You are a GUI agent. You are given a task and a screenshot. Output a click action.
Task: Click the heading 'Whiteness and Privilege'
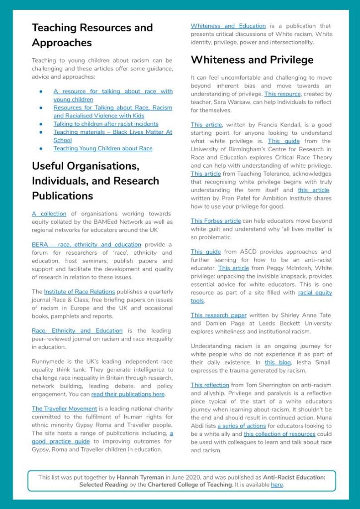coord(252,60)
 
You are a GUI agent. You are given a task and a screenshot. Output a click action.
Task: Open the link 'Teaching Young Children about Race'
coord(103,148)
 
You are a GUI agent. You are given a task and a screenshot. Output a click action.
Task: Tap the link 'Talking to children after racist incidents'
coord(106,124)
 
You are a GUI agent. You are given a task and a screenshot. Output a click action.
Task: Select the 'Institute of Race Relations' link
coord(79,292)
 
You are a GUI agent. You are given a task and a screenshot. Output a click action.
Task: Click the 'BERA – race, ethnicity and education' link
coord(86,244)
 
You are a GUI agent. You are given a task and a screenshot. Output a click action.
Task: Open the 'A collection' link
coord(49,213)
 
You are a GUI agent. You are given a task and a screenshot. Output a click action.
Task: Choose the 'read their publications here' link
coord(128,394)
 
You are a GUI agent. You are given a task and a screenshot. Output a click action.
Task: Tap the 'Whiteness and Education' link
coord(228,26)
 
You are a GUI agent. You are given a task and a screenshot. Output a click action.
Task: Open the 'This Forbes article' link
coord(216,220)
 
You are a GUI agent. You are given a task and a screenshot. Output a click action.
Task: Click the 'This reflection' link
coord(210,385)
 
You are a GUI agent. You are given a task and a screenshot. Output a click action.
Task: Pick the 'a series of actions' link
coord(238,426)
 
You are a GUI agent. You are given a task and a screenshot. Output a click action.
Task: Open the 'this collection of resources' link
coord(279,434)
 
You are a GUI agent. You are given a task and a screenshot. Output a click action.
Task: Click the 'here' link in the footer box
coord(276,485)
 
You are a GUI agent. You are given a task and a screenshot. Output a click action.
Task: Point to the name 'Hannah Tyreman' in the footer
coord(140,477)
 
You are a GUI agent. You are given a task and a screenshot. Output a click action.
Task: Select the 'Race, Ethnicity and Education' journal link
coord(77,330)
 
